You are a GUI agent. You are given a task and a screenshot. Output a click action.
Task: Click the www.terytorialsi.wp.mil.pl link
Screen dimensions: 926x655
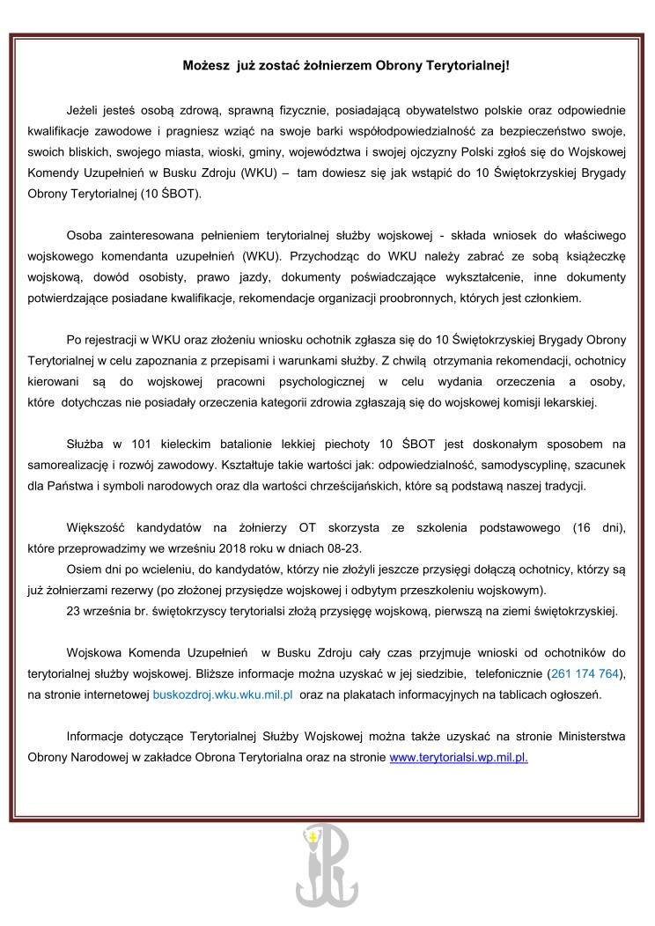459,756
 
